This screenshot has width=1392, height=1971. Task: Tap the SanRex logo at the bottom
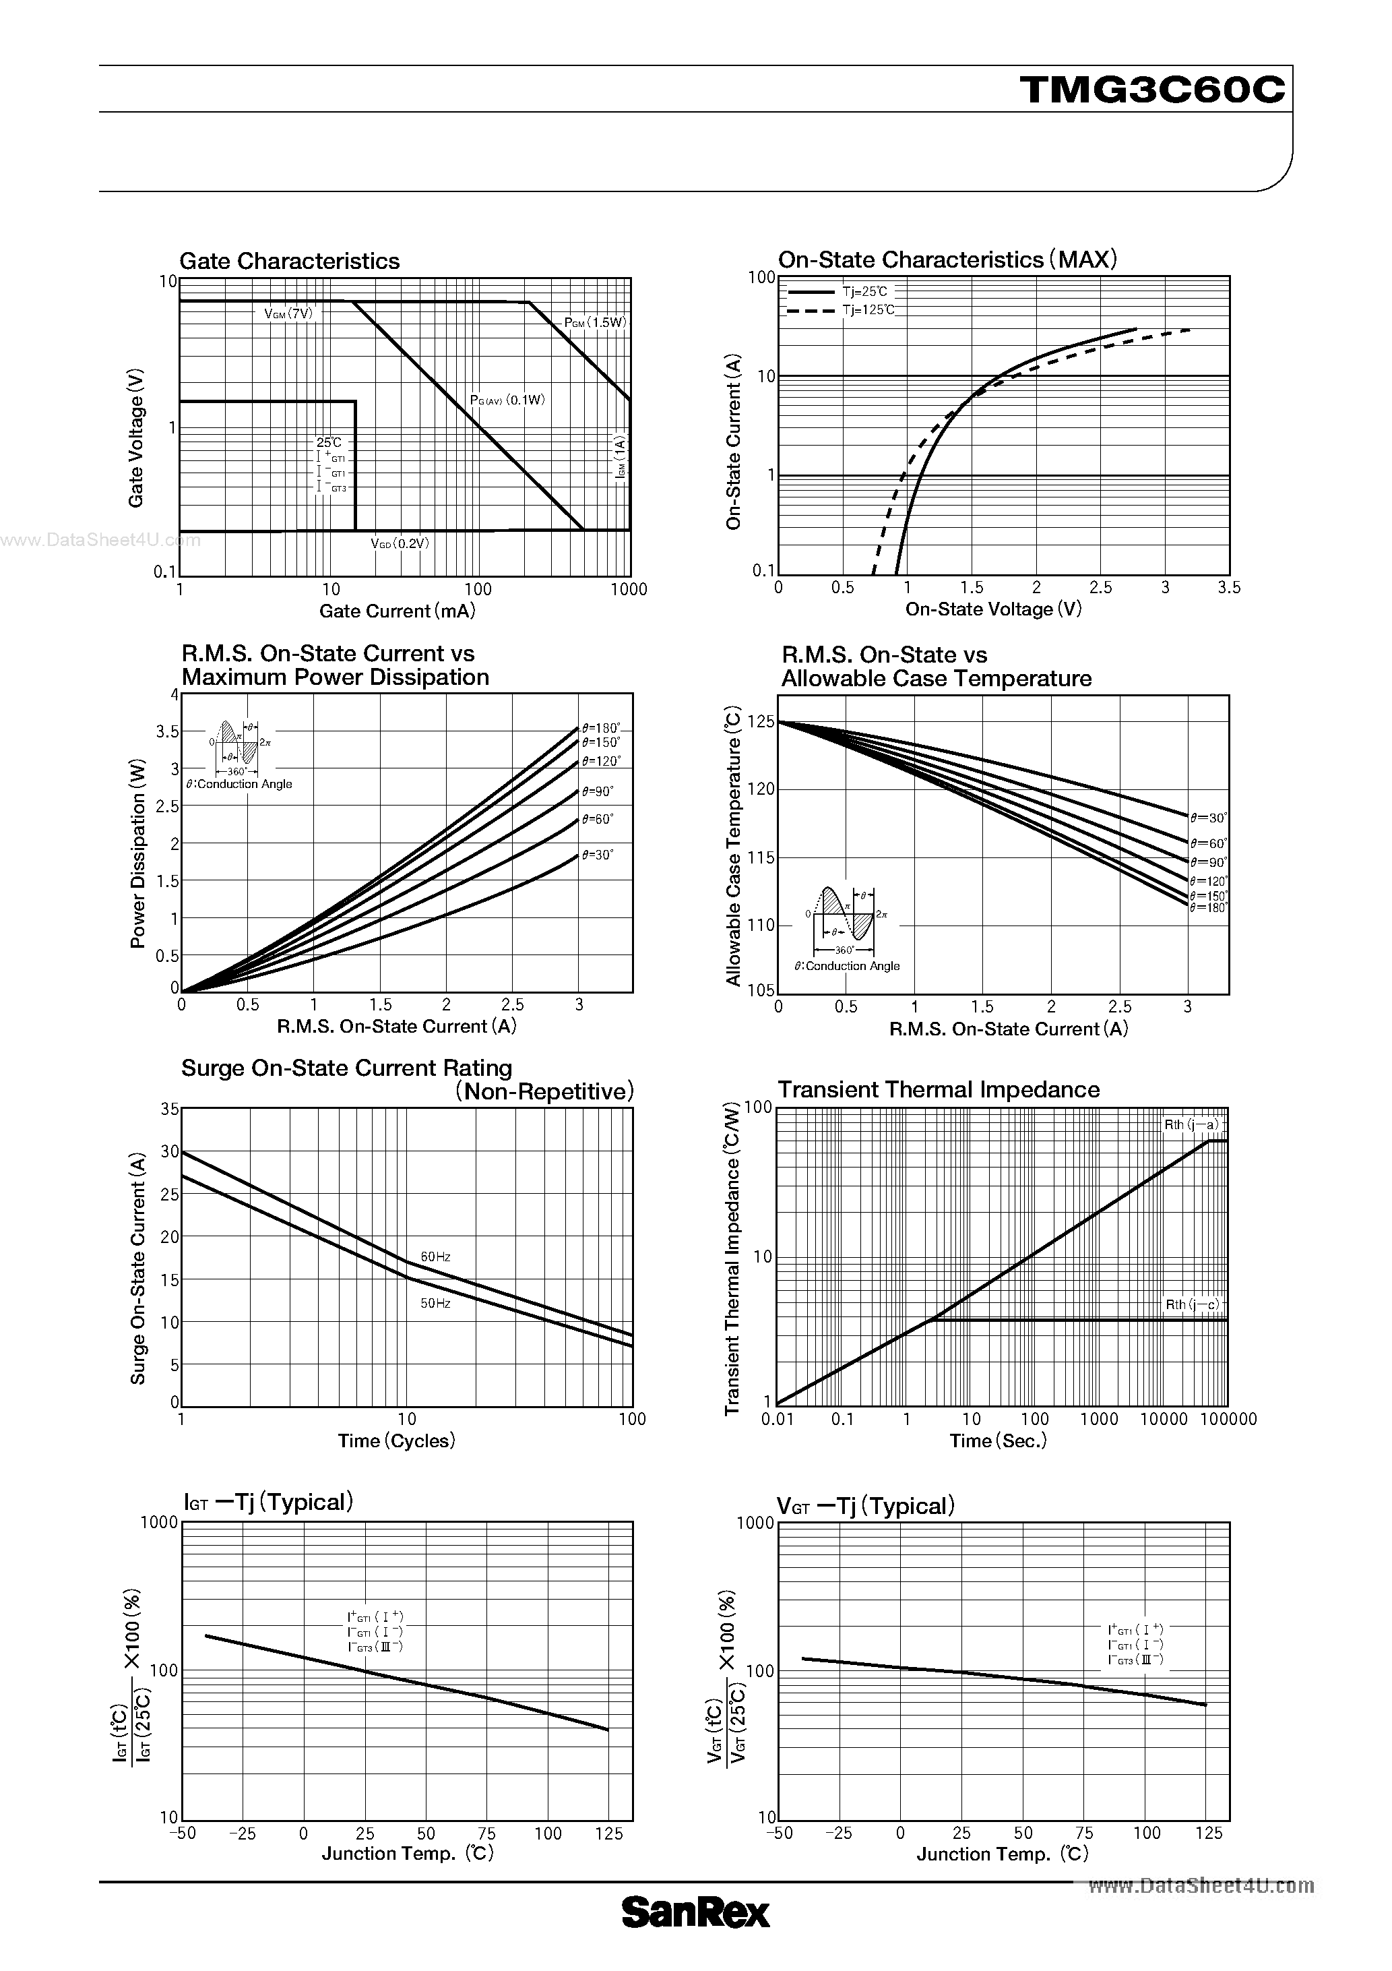pos(695,1912)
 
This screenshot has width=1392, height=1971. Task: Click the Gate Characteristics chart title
pos(289,261)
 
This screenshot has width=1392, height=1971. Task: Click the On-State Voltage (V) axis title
pos(993,609)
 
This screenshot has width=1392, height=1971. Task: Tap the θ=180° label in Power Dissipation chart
pos(601,728)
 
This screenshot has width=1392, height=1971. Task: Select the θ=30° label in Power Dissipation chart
pos(598,855)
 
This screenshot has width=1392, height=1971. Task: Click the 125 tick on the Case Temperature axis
pos(761,723)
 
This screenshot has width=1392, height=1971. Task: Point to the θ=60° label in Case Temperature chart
pos(1208,844)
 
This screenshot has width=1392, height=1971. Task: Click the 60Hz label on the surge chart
pos(435,1256)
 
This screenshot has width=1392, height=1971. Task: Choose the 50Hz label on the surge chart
pos(435,1303)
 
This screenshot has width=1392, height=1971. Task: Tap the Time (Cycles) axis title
pos(396,1441)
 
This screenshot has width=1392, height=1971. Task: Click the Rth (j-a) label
pos(1191,1124)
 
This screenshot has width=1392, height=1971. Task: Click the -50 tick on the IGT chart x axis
pos(182,1833)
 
